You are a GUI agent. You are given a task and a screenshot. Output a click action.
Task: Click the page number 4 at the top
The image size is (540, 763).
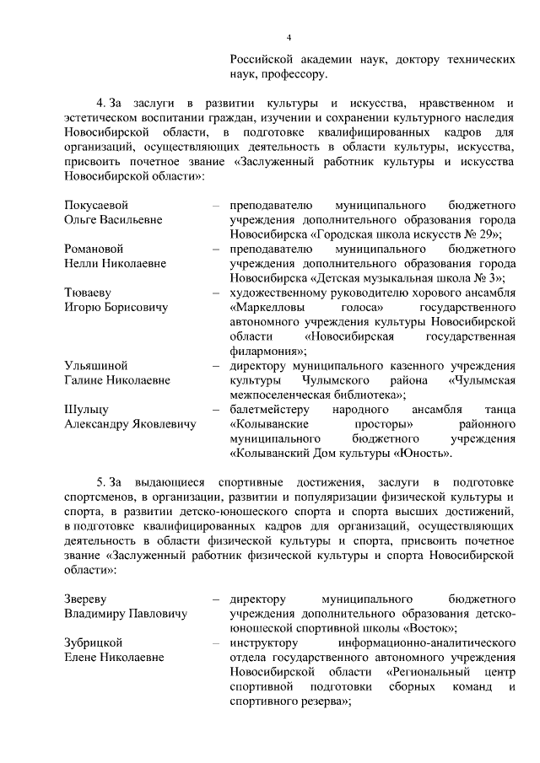(x=289, y=38)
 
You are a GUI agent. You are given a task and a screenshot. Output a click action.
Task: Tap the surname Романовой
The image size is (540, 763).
(x=94, y=249)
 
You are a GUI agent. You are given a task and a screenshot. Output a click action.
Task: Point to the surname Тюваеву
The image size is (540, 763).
(x=88, y=293)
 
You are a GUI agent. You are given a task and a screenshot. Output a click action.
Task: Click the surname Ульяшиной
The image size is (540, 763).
(x=95, y=366)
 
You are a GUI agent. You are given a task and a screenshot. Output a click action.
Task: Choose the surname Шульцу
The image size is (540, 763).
(x=85, y=410)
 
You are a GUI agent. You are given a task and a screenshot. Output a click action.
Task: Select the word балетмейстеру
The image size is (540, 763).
(x=273, y=410)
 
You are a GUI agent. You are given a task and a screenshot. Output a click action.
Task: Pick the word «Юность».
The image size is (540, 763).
(x=419, y=454)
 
